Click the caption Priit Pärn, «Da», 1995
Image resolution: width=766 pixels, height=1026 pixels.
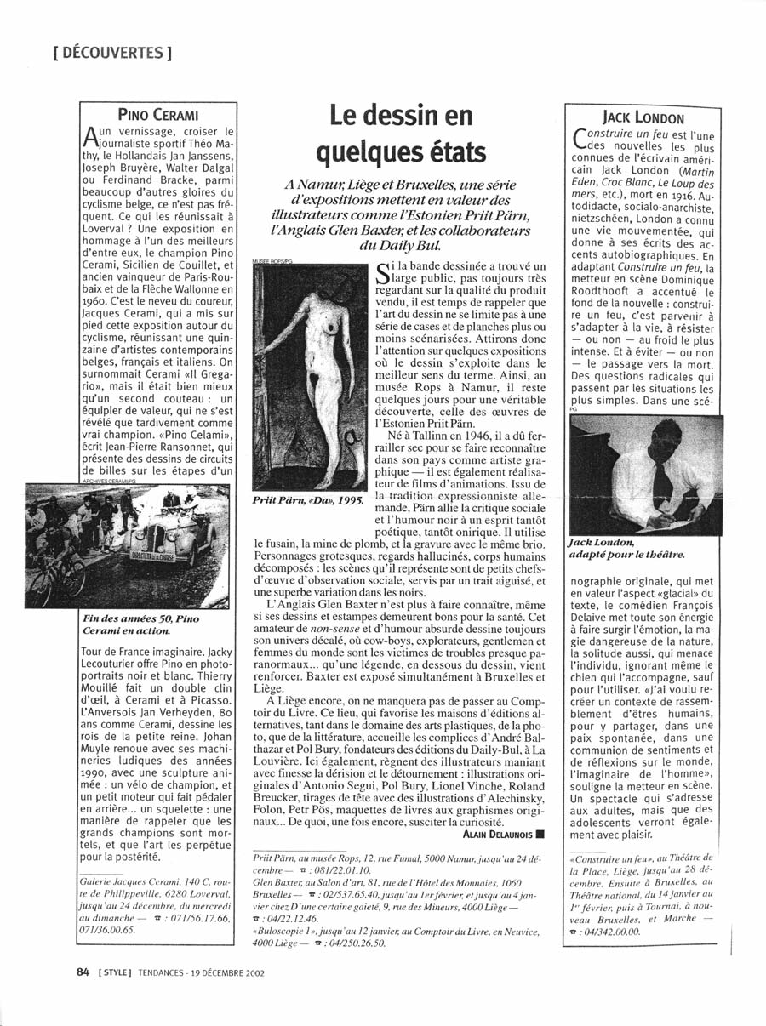pos(308,500)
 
